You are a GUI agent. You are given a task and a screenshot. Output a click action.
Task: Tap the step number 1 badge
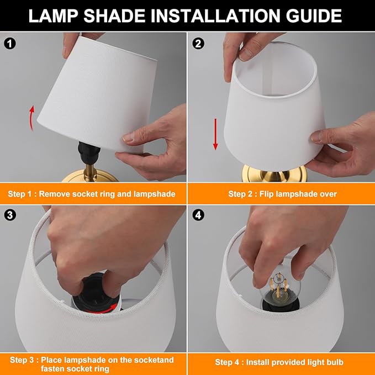tap(8, 42)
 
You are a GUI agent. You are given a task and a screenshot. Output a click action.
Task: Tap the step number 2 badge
tap(199, 42)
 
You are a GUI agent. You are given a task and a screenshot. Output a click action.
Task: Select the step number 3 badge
tap(8, 214)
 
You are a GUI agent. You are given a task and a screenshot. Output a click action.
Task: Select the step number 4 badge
tap(199, 214)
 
